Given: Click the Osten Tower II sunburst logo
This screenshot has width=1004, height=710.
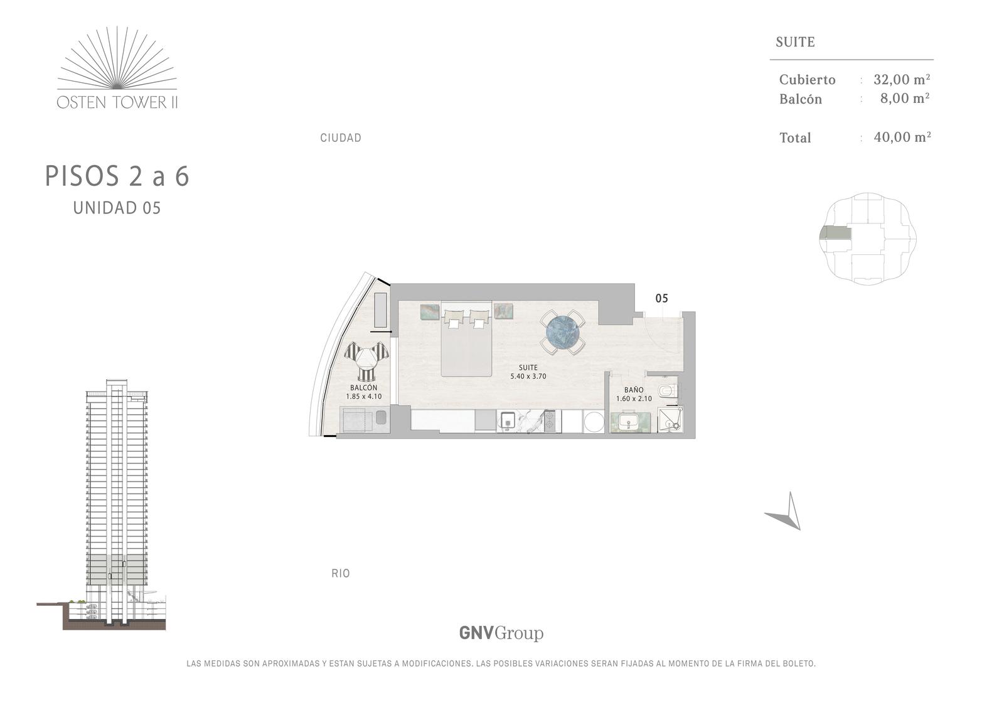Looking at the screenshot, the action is tap(117, 67).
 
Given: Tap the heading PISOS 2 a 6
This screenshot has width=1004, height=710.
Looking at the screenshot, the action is tap(117, 176).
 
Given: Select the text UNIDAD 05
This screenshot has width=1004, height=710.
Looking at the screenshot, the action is tap(117, 208).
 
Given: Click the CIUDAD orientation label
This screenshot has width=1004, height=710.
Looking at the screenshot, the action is tap(341, 137).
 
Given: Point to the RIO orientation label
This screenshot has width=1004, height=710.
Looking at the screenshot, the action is tap(341, 573).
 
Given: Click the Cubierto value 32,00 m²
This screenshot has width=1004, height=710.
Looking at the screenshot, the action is tap(902, 79).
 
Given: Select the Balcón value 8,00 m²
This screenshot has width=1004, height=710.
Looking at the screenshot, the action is tap(905, 98).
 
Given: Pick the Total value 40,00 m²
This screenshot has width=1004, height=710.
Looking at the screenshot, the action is tap(902, 137).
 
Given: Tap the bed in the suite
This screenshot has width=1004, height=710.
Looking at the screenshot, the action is tap(466, 338).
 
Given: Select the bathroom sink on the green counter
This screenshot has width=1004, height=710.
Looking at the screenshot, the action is tap(630, 422).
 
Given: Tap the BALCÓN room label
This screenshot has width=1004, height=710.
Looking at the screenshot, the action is tap(363, 387).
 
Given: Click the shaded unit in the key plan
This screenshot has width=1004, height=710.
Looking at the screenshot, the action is tap(835, 233).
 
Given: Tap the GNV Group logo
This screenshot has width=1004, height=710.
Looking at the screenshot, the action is tap(501, 633).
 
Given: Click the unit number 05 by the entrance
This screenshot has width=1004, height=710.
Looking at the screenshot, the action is tap(661, 298).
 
